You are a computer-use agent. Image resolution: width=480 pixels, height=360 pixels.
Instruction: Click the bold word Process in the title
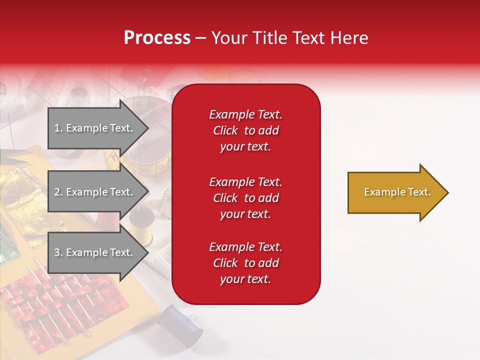[x=157, y=38]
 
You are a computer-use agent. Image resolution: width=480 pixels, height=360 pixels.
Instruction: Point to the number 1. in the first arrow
[x=58, y=128]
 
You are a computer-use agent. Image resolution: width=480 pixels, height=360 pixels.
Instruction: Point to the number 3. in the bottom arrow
[x=58, y=252]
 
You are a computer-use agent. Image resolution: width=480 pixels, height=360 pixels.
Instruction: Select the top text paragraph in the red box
[x=245, y=130]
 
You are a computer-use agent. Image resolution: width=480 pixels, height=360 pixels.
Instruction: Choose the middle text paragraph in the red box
[x=245, y=198]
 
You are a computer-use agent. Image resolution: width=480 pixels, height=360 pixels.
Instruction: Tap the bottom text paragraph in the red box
[x=245, y=263]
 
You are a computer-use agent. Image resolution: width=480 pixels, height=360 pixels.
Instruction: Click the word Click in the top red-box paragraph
[x=225, y=130]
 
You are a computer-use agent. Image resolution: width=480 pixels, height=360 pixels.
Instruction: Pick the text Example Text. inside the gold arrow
[x=397, y=192]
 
